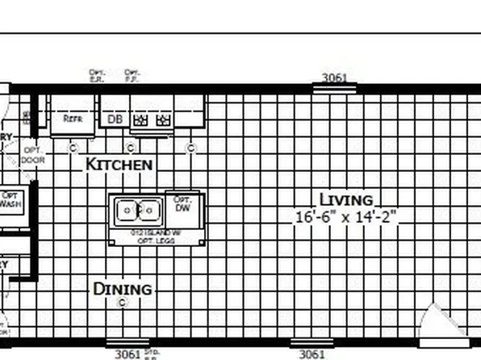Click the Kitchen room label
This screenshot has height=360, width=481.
(119, 164)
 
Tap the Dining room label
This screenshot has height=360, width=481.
(122, 289)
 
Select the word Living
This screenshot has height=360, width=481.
(345, 199)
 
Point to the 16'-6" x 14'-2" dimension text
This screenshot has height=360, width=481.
(345, 216)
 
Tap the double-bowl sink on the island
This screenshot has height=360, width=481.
(137, 211)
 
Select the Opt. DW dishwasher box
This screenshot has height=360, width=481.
(182, 205)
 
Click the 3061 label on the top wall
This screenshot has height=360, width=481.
(334, 77)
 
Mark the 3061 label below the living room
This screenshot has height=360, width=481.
(312, 354)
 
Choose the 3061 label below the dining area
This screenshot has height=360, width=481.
(128, 354)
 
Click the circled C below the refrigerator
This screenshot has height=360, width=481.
(73, 147)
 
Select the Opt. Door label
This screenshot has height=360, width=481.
(34, 155)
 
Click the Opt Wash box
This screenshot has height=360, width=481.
(10, 199)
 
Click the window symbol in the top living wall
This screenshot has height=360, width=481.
(334, 87)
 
